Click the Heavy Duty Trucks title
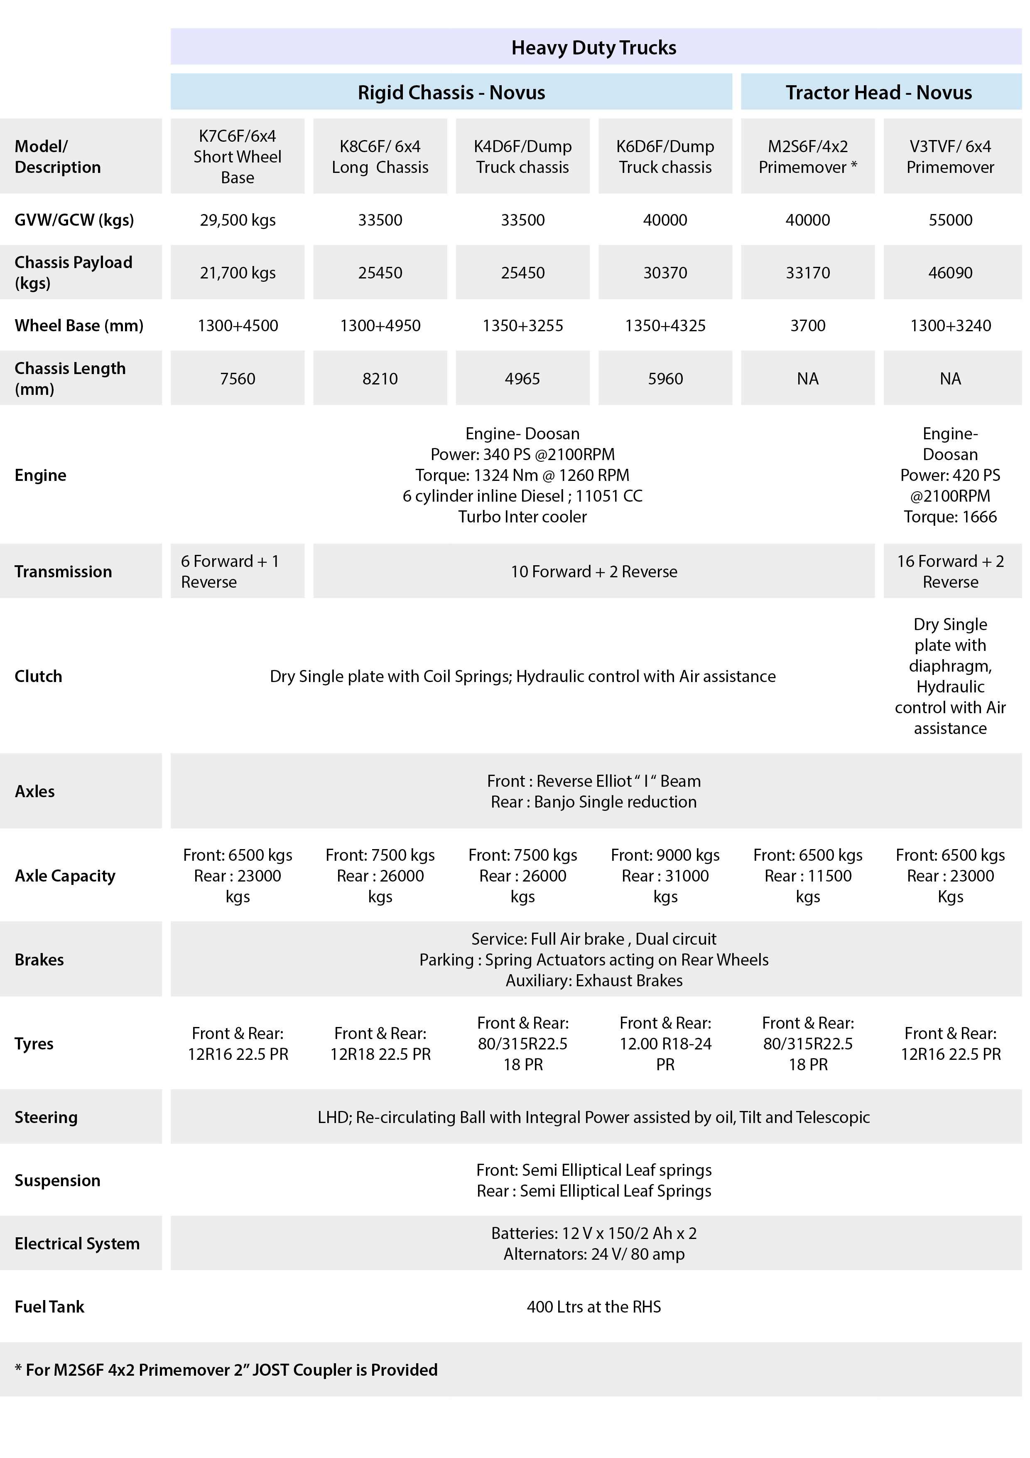click(x=593, y=48)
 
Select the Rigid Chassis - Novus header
click(x=451, y=93)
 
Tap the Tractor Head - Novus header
click(x=878, y=93)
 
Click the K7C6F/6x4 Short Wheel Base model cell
click(x=237, y=156)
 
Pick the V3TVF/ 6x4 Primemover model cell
click(x=950, y=156)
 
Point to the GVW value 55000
click(x=950, y=220)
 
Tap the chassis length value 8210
click(x=380, y=379)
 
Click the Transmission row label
click(x=64, y=571)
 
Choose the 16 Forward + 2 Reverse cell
click(x=950, y=571)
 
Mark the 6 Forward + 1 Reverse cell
click(x=230, y=571)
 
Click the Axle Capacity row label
click(x=65, y=876)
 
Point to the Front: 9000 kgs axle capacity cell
click(x=665, y=876)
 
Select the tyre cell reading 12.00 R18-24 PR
click(x=665, y=1043)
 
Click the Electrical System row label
click(x=77, y=1244)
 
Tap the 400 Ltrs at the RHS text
click(x=593, y=1306)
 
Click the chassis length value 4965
click(x=522, y=379)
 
